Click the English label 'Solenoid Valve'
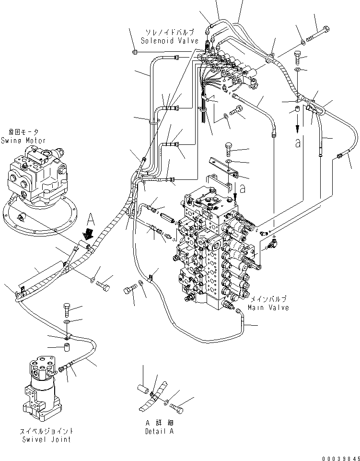click(x=168, y=41)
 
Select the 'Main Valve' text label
click(x=268, y=307)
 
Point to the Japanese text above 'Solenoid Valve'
click(x=168, y=32)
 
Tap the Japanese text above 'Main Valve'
click(x=268, y=299)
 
